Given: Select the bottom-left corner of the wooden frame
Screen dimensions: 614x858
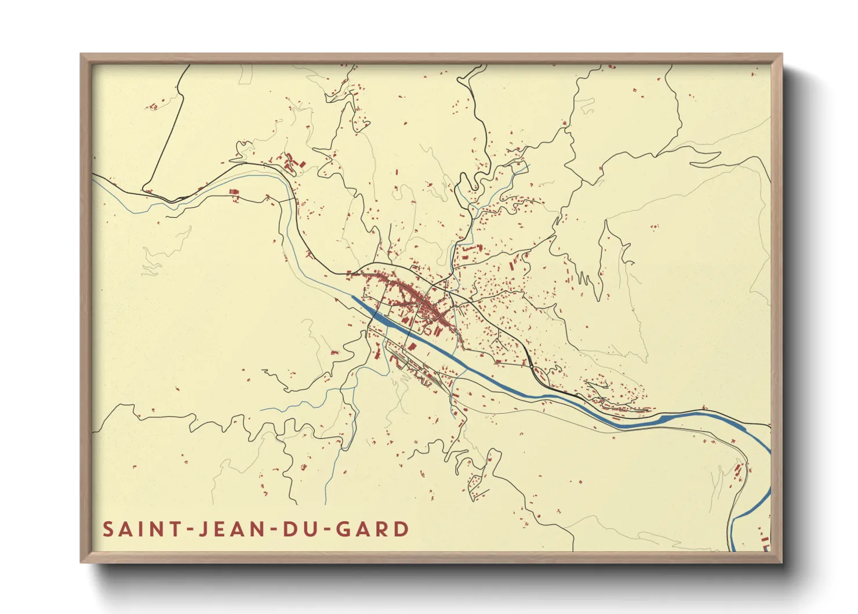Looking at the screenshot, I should pyautogui.click(x=82, y=562).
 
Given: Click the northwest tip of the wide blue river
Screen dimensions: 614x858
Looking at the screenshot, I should pyautogui.click(x=353, y=298).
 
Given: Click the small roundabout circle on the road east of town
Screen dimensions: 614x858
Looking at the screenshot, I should pyautogui.click(x=532, y=366).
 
